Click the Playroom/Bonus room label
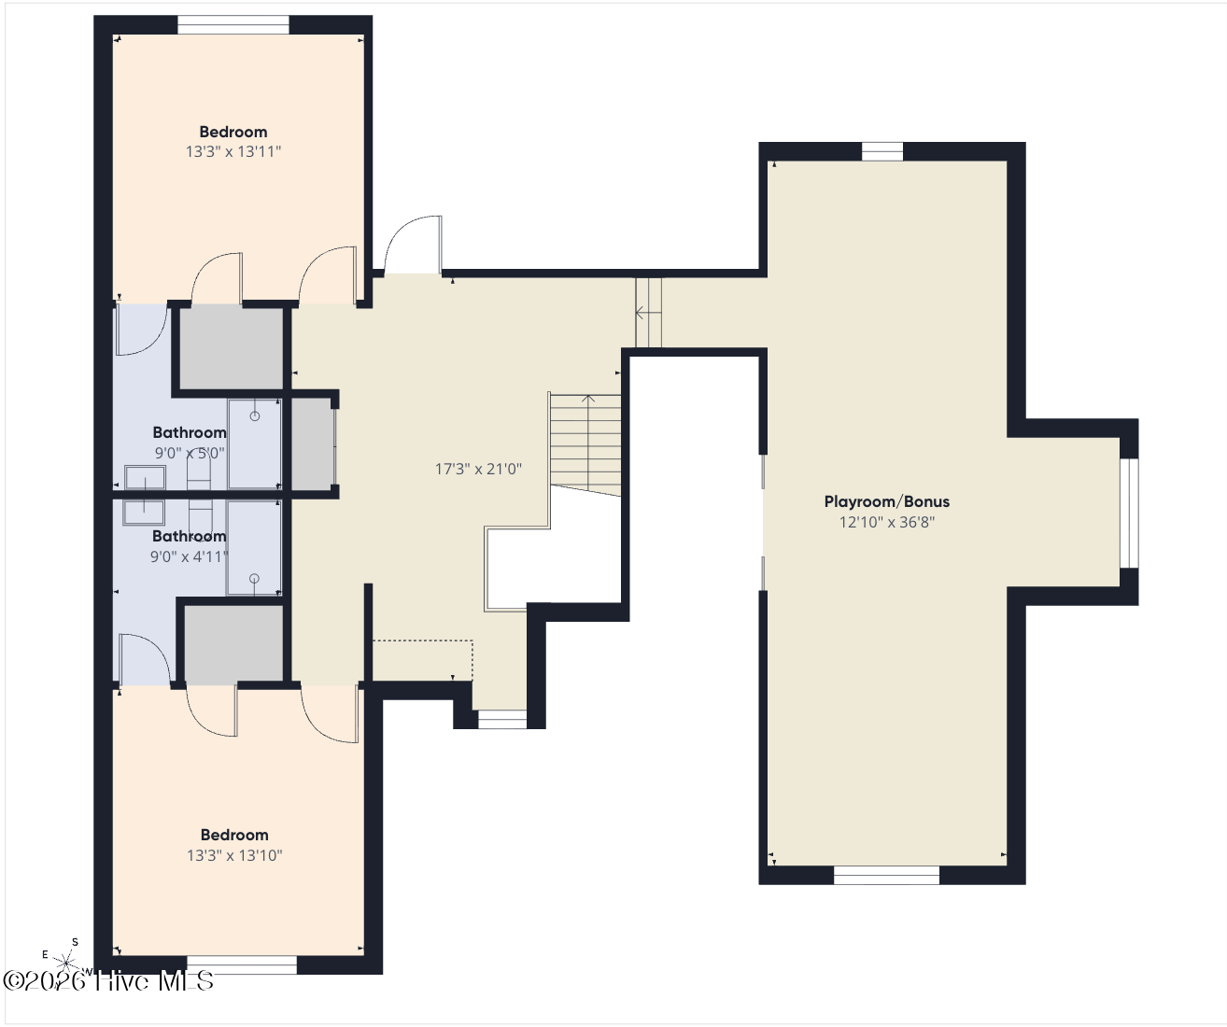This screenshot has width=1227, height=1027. pyautogui.click(x=886, y=501)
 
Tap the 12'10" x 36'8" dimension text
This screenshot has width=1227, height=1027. pyautogui.click(x=886, y=522)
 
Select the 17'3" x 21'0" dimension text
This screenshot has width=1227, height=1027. pyautogui.click(x=478, y=469)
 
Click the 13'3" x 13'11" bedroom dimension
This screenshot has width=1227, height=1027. pyautogui.click(x=233, y=151)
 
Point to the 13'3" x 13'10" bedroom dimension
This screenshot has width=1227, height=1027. pyautogui.click(x=234, y=855)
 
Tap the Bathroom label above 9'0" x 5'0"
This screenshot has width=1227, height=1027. pyautogui.click(x=190, y=432)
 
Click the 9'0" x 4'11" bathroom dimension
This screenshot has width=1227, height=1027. pyautogui.click(x=189, y=556)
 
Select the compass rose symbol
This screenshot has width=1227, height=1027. pyautogui.click(x=66, y=962)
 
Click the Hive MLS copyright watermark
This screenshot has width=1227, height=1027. pyautogui.click(x=108, y=981)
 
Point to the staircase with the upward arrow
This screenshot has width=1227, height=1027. pyautogui.click(x=585, y=444)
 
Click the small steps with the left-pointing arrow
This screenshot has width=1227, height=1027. pyautogui.click(x=648, y=313)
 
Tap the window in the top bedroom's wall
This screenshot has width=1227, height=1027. pyautogui.click(x=233, y=24)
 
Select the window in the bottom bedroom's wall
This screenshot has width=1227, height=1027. pyautogui.click(x=242, y=964)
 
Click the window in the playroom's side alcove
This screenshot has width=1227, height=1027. pyautogui.click(x=1129, y=513)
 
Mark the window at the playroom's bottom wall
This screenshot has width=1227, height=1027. pyautogui.click(x=886, y=876)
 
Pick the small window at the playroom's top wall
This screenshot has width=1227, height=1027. pyautogui.click(x=882, y=151)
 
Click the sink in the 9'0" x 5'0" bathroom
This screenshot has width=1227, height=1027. pyautogui.click(x=145, y=478)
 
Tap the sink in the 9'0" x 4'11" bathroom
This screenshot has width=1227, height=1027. pyautogui.click(x=144, y=513)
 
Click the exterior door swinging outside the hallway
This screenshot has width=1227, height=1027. pyautogui.click(x=413, y=245)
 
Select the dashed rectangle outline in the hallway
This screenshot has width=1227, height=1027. pyautogui.click(x=422, y=660)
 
